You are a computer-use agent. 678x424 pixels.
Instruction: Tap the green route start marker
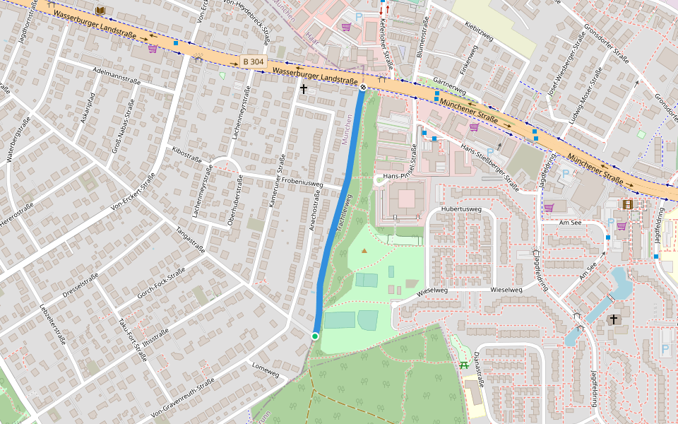pyautogui.click(x=315, y=336)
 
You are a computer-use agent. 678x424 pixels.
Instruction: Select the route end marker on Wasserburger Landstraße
pyautogui.click(x=362, y=88)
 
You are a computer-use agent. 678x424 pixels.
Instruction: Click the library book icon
pyautogui.click(x=100, y=10)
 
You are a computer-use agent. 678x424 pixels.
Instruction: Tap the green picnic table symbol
pyautogui.click(x=463, y=365)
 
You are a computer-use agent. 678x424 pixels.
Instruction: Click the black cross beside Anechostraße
pyautogui.click(x=304, y=89)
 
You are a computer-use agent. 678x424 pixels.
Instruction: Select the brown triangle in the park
pyautogui.click(x=364, y=250)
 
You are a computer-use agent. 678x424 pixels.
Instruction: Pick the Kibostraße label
pyautogui.click(x=186, y=156)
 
